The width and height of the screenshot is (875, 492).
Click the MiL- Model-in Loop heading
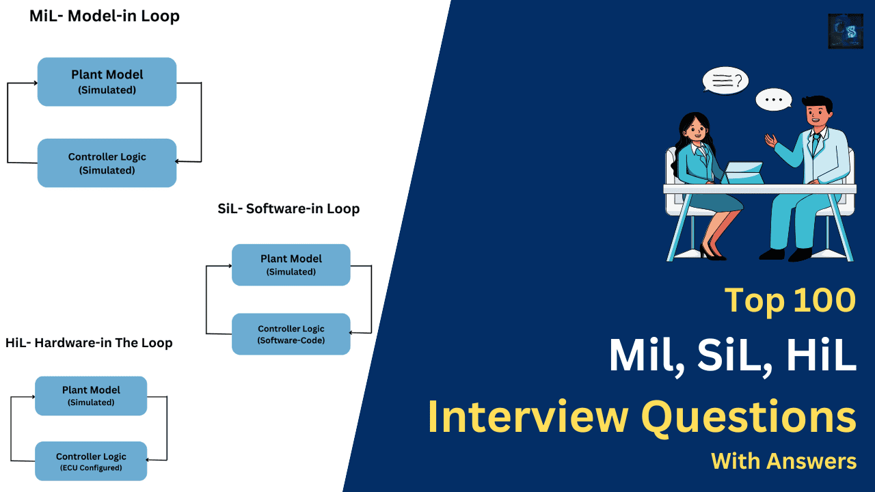point(104,16)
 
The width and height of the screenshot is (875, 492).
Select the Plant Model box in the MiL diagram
point(107,81)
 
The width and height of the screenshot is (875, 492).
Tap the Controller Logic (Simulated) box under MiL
point(107,163)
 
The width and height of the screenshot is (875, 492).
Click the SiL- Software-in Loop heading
point(288,208)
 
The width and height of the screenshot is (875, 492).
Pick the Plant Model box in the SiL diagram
point(291,264)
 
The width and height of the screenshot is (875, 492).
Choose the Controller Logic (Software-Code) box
point(291,334)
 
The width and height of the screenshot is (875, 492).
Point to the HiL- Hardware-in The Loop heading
point(89,342)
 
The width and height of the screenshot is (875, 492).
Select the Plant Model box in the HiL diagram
point(91,396)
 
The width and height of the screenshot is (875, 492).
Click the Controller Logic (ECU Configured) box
point(91,461)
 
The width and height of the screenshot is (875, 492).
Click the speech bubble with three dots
point(773,100)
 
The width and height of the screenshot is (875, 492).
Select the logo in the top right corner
point(846,31)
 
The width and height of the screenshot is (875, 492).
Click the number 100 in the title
point(820,300)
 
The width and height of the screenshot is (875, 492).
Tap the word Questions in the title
point(748,416)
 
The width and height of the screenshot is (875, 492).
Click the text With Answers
point(783,461)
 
